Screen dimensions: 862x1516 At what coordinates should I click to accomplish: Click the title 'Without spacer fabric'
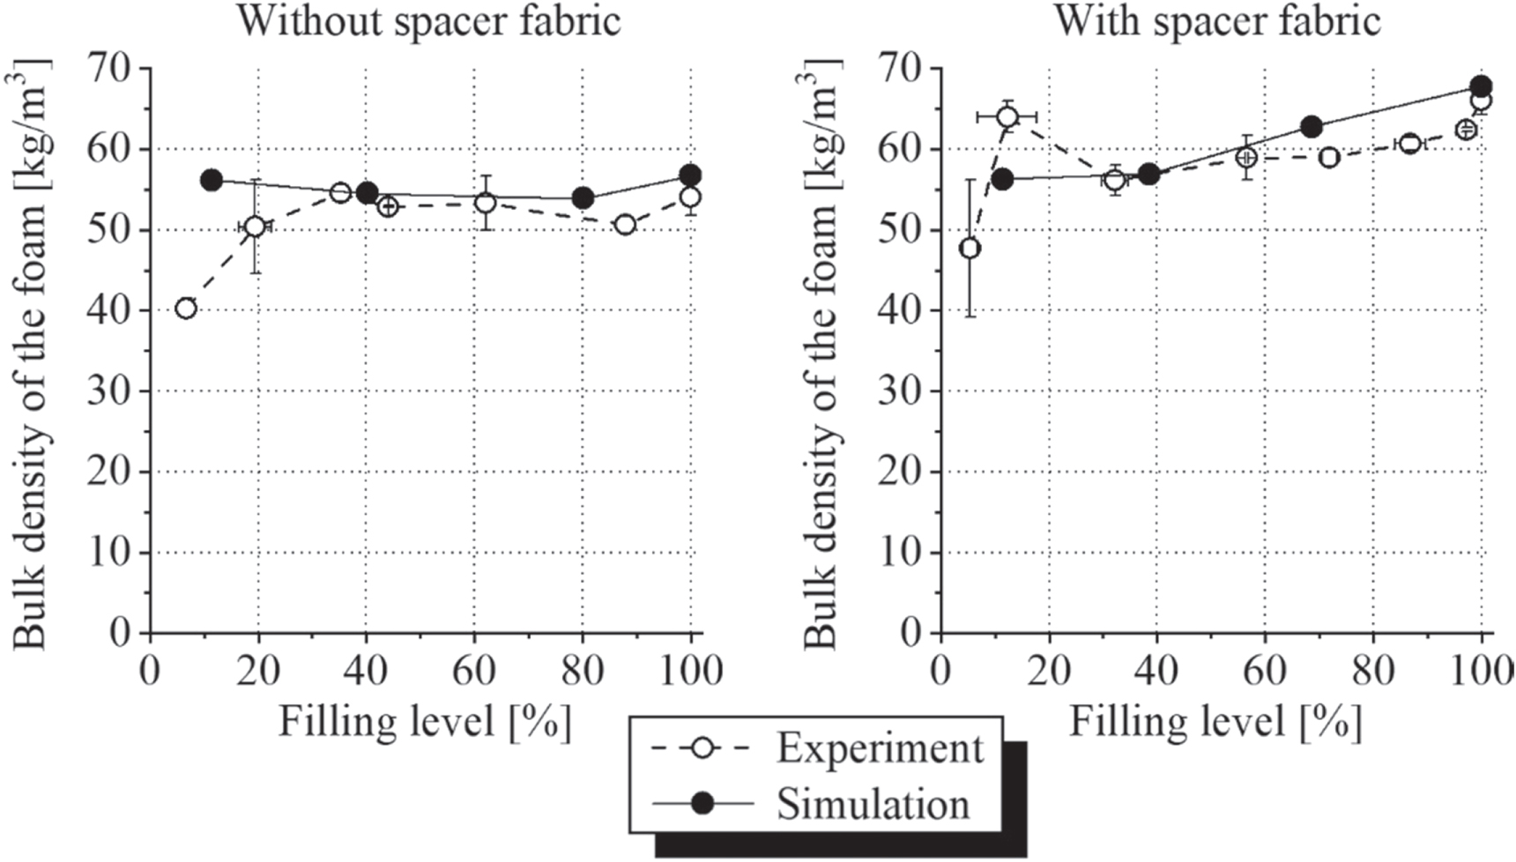(x=429, y=21)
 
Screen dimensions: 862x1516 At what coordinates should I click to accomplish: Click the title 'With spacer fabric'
(x=1217, y=21)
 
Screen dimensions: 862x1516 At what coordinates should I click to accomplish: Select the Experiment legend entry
(x=879, y=749)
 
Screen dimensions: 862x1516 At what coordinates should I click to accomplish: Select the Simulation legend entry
(x=872, y=804)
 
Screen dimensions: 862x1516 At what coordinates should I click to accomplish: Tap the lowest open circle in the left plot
(x=186, y=308)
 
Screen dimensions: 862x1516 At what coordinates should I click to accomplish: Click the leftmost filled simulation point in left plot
(x=212, y=181)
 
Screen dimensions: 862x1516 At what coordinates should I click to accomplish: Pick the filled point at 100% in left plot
(x=690, y=175)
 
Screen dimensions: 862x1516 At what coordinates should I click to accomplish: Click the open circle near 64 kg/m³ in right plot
(x=1007, y=117)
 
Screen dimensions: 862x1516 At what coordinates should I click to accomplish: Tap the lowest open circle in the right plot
(x=970, y=249)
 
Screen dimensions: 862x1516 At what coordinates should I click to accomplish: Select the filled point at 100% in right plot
(x=1481, y=86)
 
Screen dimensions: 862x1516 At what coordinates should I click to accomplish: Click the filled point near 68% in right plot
(x=1312, y=127)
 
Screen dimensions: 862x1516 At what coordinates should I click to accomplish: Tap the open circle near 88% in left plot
(x=625, y=225)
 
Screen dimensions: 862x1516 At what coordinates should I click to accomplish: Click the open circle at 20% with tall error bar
(x=255, y=227)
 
